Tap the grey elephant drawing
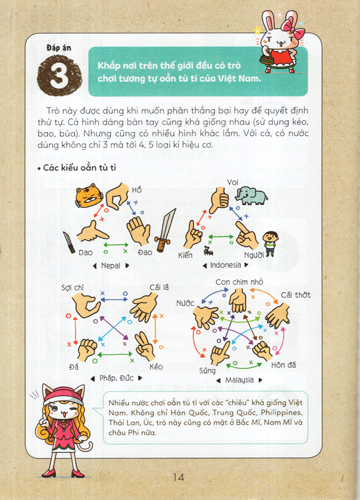point(251,196)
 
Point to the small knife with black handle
point(69,243)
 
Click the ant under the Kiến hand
point(208,251)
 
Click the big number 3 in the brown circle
point(59,76)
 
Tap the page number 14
point(179,477)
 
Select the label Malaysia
point(239,380)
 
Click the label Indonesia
point(225,265)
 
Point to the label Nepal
point(111,266)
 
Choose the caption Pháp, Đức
point(117,378)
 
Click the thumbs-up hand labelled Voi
point(220,200)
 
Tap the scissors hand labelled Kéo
point(145,346)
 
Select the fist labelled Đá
point(87,350)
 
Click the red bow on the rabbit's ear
point(292,27)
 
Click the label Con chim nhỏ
point(239,282)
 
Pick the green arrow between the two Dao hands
point(116,245)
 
